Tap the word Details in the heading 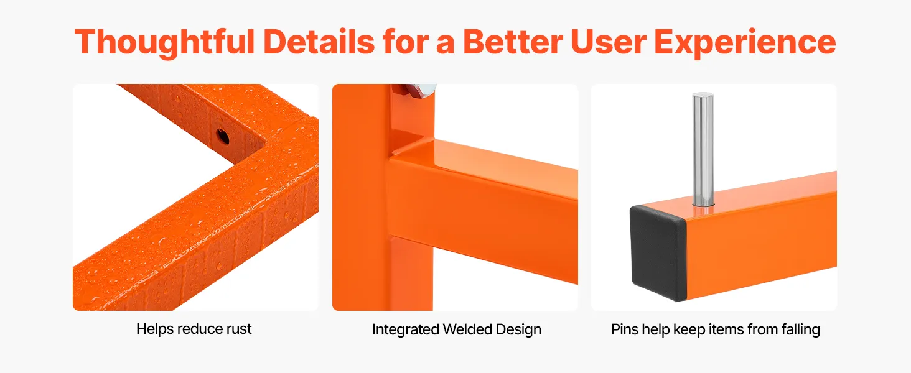click(x=319, y=42)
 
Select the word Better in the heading click(x=513, y=42)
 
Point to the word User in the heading click(x=609, y=42)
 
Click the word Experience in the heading click(x=745, y=43)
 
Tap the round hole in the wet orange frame click(x=223, y=137)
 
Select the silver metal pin click(x=703, y=150)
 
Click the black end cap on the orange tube click(x=658, y=252)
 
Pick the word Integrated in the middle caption click(x=406, y=329)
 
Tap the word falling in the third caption click(x=800, y=329)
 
